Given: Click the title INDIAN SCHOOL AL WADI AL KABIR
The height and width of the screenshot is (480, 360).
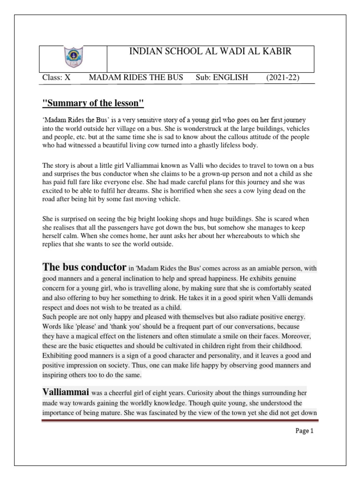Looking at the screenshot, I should (x=210, y=52).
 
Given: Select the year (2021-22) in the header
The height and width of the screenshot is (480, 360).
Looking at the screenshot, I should (x=283, y=77).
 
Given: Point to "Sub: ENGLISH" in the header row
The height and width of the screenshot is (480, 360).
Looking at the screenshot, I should (x=222, y=77).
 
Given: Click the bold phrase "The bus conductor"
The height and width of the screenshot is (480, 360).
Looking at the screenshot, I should (x=84, y=268).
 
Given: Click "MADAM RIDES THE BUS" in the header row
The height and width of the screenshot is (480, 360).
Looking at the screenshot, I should (x=136, y=77).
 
